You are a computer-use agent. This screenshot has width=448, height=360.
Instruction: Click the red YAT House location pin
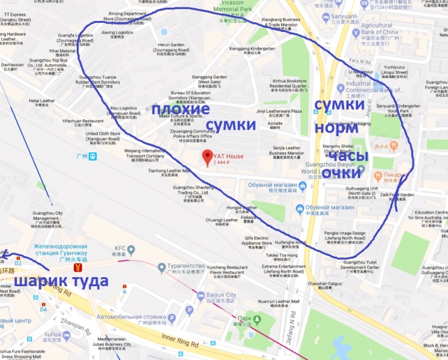click(x=207, y=157)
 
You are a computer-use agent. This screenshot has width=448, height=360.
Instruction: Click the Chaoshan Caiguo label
click(x=326, y=283)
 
